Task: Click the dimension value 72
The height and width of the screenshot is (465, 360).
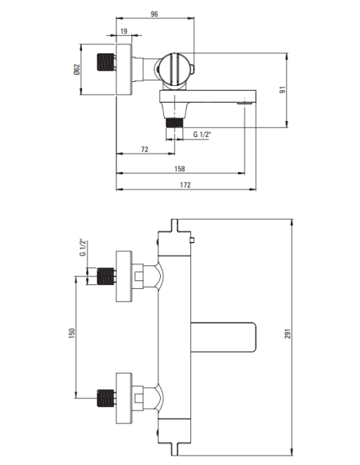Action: pos(145,149)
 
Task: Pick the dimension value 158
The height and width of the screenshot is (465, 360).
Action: pos(179,168)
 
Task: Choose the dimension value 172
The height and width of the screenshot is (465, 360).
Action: pos(185,186)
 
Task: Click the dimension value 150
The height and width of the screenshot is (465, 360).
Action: pos(71,334)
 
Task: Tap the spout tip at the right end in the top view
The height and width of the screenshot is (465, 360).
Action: pos(246,100)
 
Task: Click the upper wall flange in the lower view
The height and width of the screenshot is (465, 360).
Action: pos(124,276)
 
